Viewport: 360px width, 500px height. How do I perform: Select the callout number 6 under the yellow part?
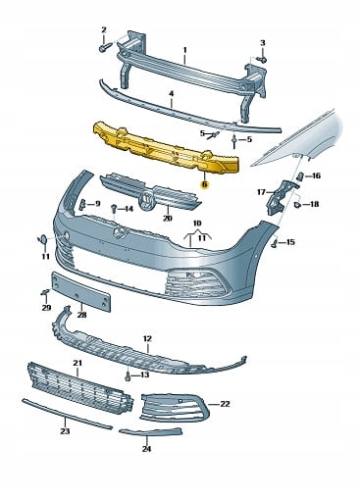click(x=205, y=184)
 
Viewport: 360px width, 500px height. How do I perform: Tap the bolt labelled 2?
click(x=104, y=48)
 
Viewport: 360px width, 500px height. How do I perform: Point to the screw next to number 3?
click(x=262, y=59)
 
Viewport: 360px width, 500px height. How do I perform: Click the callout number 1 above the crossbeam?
click(x=184, y=50)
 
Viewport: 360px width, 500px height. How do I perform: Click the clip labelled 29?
click(x=45, y=292)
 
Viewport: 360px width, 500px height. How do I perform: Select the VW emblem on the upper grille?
click(x=146, y=201)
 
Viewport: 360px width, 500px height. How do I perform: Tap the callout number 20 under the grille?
click(x=168, y=219)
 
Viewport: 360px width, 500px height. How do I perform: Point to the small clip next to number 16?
click(x=299, y=176)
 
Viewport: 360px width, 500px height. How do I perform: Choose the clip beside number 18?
click(x=297, y=205)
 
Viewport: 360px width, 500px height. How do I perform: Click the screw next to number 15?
click(x=276, y=243)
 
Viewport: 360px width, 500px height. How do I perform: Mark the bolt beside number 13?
click(x=129, y=375)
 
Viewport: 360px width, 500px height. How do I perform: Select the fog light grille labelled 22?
click(x=174, y=407)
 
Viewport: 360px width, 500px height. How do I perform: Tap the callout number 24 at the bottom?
click(x=146, y=449)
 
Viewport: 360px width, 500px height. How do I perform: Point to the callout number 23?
click(x=65, y=431)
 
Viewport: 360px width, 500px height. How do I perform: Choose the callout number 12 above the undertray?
click(x=147, y=339)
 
